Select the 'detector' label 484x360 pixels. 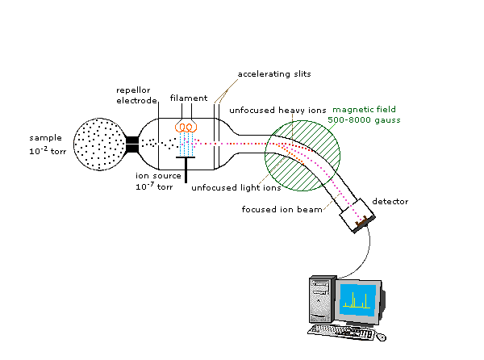click(388, 200)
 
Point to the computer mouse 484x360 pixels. click(381, 335)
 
